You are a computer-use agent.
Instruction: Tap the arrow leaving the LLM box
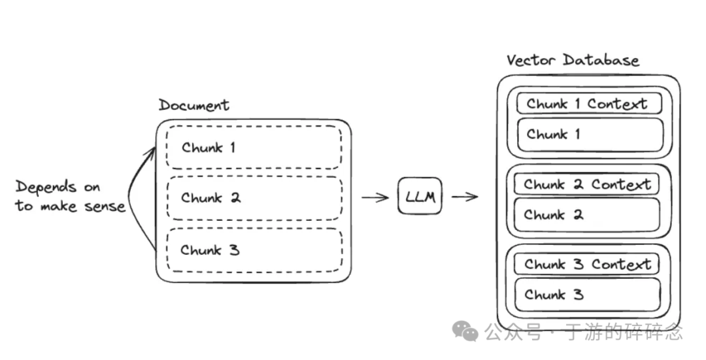point(464,197)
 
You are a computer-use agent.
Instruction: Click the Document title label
point(194,105)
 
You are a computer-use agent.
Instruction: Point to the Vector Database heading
point(573,61)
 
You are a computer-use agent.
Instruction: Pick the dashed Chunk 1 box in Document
point(254,148)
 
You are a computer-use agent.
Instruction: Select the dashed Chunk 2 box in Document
point(254,198)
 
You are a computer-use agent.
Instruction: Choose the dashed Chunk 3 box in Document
point(254,250)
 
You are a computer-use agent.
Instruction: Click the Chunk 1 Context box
point(588,104)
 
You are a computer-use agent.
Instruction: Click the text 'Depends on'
point(58,188)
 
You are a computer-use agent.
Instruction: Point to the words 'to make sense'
point(70,206)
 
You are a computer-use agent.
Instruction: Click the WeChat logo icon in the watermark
point(466,331)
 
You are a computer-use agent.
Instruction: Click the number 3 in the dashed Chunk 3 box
point(233,250)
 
